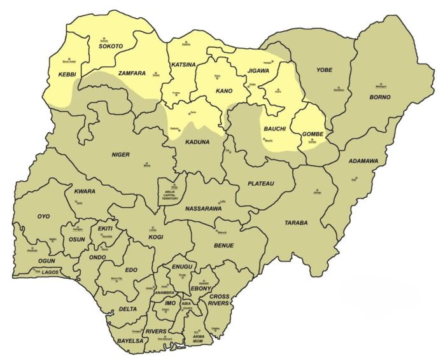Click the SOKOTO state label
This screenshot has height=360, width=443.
coord(110,46)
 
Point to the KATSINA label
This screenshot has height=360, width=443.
coord(183,65)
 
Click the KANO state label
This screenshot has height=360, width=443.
coord(224,91)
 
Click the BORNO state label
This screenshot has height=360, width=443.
coord(380,97)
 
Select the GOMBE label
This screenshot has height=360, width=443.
coord(313,134)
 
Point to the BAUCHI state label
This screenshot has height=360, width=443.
coord(274,129)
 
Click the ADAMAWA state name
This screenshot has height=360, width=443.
coord(363,161)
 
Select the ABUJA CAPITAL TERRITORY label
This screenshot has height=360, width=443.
coord(170,194)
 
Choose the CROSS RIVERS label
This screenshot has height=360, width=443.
coord(220,300)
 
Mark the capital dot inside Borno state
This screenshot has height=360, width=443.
coord(381,85)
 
